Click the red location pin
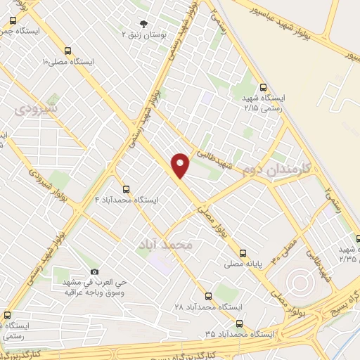tap(181, 165)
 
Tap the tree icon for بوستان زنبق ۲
tap(145, 23)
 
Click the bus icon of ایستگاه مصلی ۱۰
tap(67, 51)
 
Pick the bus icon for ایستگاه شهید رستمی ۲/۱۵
tap(263, 88)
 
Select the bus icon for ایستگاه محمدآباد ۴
tap(126, 188)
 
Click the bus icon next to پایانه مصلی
tap(243, 254)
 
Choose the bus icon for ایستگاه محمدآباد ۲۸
tap(208, 296)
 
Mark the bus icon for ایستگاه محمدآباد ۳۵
tap(240, 324)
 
